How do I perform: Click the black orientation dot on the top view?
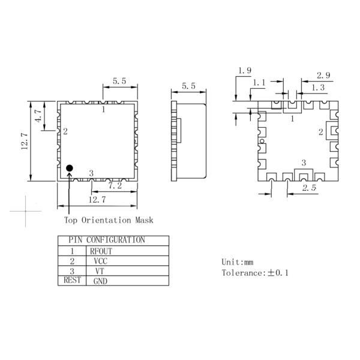click(x=70, y=168)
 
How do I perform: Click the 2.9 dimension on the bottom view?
click(x=325, y=76)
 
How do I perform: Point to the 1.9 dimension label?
click(x=244, y=71)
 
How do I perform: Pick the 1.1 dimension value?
click(x=259, y=82)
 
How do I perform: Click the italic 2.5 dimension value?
click(x=309, y=188)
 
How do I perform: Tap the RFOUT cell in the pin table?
click(x=101, y=251)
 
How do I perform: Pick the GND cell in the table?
click(x=100, y=281)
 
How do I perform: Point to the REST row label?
click(x=71, y=280)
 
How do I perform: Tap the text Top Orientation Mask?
click(x=109, y=220)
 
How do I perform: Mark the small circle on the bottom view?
click(x=262, y=142)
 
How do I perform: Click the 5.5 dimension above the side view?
click(x=188, y=86)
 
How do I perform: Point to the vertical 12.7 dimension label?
click(x=25, y=142)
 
